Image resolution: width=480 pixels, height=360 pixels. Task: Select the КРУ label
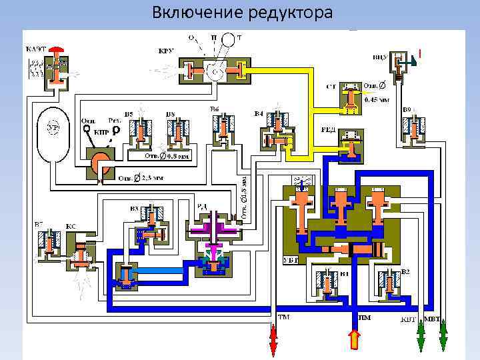point(166,51)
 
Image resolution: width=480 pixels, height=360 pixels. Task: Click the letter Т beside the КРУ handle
point(239,37)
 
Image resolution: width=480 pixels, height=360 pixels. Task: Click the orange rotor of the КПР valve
point(101,161)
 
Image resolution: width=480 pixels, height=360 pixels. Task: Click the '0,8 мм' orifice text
point(179,157)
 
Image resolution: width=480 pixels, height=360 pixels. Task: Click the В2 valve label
point(406,271)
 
